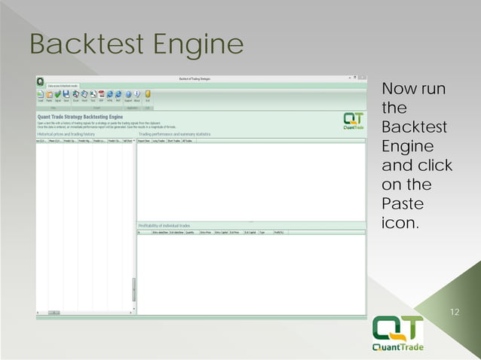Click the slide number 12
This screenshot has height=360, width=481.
click(454, 311)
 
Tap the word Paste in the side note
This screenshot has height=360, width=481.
click(403, 204)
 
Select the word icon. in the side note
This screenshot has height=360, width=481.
click(400, 224)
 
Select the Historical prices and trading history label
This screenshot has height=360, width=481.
click(66, 134)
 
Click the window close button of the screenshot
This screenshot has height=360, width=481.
click(363, 77)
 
